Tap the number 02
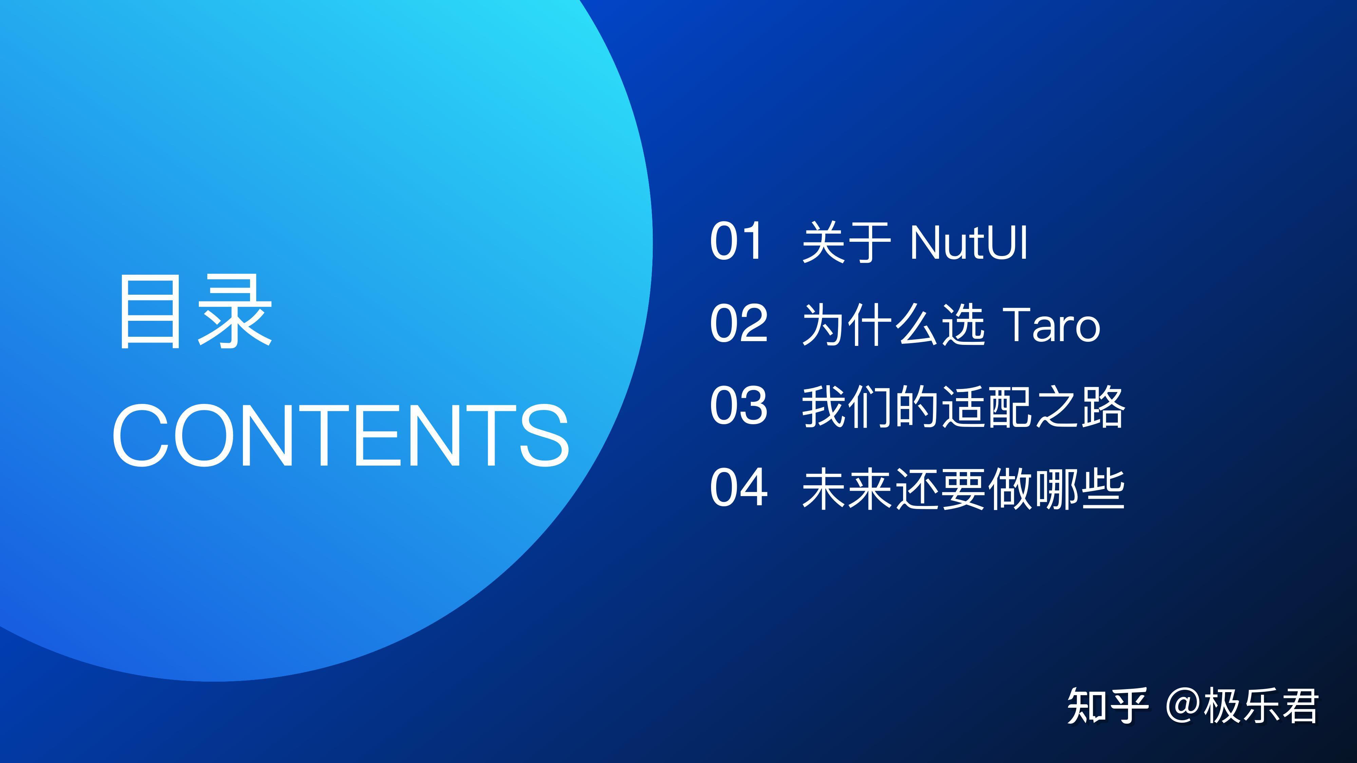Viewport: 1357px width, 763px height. pos(739,324)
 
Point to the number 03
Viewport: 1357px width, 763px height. pos(739,406)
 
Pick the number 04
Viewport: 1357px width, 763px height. pos(739,488)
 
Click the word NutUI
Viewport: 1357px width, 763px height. pos(968,243)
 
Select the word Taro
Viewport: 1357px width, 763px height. pos(1051,325)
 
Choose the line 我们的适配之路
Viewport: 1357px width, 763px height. pos(963,407)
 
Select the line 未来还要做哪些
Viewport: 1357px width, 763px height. pos(963,489)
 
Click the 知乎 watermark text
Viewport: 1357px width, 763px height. pos(1107,706)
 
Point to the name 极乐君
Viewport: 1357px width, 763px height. pos(1260,706)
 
